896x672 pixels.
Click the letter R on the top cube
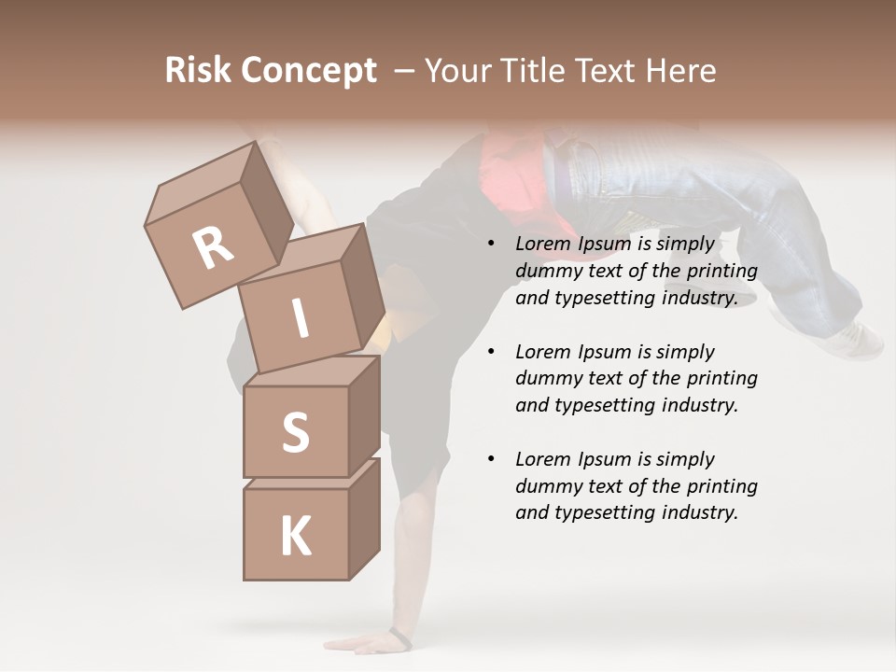[214, 248]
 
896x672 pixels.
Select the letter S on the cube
[295, 432]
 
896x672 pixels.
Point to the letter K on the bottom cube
[295, 536]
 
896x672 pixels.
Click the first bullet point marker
[491, 244]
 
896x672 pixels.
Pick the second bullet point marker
[491, 352]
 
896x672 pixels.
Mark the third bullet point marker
[491, 459]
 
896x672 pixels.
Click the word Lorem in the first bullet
[542, 244]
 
